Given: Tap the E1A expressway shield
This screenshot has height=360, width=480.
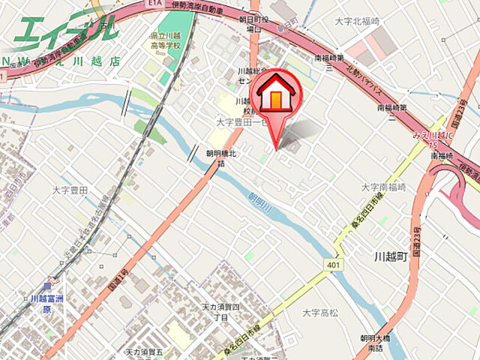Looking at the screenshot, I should [155, 4].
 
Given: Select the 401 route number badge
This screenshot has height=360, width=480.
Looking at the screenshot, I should [334, 265].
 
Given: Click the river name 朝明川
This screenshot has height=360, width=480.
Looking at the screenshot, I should [259, 201].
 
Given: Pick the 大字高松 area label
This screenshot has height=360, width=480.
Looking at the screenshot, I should [321, 311].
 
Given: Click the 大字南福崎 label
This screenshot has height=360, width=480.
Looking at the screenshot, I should [383, 187].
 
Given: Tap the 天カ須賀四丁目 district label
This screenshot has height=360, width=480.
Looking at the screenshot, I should [220, 312].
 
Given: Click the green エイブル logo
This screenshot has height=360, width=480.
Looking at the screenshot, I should [64, 30].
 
